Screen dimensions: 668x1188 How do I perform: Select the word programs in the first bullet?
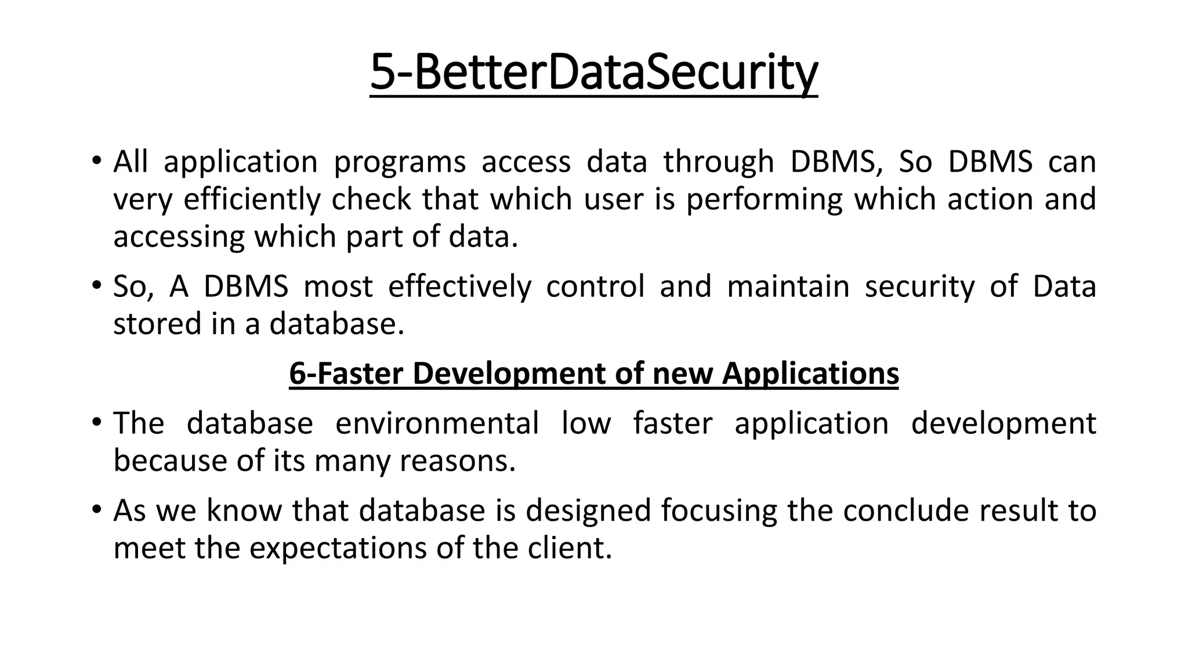point(400,162)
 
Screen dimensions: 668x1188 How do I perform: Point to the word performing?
point(764,199)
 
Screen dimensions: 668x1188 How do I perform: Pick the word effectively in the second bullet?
point(459,286)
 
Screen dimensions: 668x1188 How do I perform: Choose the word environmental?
point(437,423)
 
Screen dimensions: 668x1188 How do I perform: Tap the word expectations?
point(339,549)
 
